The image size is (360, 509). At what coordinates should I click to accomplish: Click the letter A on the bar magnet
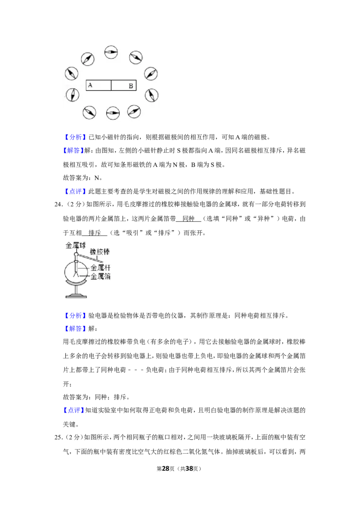90,85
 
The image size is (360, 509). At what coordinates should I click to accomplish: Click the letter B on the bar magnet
130,86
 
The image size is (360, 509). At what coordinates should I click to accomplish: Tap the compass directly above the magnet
111,52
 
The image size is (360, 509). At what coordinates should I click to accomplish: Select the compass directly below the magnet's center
113,113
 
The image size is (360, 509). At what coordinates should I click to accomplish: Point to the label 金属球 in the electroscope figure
76,246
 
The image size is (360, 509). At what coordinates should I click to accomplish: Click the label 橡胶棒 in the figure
100,252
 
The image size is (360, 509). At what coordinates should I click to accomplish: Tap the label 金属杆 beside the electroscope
100,268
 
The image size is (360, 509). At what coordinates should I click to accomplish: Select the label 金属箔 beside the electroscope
100,276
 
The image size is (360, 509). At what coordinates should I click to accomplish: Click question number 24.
58,204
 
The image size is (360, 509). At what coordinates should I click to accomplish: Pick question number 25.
58,437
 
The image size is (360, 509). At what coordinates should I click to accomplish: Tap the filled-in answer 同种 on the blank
189,219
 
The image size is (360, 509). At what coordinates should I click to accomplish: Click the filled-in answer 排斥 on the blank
94,233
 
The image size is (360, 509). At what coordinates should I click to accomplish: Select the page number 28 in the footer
166,469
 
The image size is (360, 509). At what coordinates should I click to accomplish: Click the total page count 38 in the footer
189,469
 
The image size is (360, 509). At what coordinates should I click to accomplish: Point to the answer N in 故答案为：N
97,178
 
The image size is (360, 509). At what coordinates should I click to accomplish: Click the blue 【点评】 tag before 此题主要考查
74,192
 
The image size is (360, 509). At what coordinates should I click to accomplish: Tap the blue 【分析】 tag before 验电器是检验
74,316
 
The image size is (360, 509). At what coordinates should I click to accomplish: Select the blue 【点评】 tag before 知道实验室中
73,411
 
